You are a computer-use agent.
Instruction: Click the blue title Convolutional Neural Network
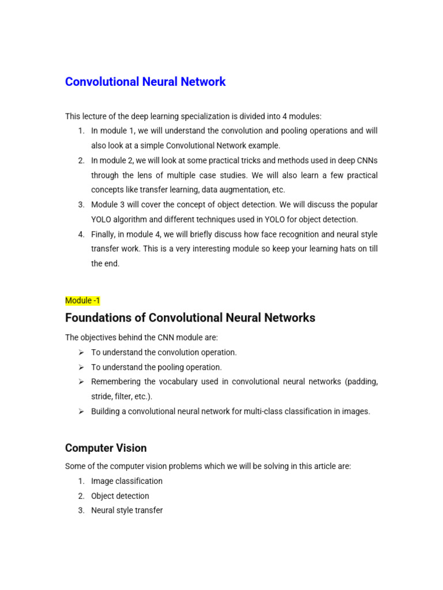[x=145, y=82]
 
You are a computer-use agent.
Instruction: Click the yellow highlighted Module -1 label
[x=82, y=301]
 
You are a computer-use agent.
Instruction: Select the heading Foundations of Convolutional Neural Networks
[x=190, y=318]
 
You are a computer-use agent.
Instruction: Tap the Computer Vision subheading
[x=106, y=448]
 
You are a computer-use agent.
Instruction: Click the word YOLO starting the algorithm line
[x=102, y=220]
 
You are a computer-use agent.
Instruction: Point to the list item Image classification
[x=127, y=481]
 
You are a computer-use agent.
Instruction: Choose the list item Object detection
[x=120, y=496]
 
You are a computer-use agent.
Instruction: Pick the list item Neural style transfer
[x=127, y=510]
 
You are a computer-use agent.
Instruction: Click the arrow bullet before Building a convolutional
[x=81, y=411]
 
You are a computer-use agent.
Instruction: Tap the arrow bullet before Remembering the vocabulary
[x=81, y=382]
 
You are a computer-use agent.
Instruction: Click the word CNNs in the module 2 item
[x=366, y=160]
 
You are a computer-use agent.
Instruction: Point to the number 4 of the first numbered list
[x=81, y=235]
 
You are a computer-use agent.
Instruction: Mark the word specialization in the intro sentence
[x=212, y=116]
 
